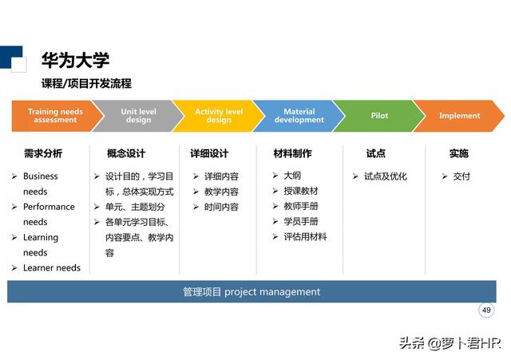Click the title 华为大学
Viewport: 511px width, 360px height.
pos(75,60)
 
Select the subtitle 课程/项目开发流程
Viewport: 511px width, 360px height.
pos(86,83)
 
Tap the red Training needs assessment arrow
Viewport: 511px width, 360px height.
pos(55,116)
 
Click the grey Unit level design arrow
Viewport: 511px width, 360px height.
pos(137,116)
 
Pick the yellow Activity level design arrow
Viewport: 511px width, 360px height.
pos(218,116)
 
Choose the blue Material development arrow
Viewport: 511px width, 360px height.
pos(299,116)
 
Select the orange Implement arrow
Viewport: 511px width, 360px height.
pos(459,116)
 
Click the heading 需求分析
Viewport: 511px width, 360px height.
pos(42,153)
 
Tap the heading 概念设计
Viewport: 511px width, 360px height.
pos(126,153)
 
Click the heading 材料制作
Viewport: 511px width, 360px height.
pos(292,153)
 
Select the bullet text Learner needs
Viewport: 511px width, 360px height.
pos(51,268)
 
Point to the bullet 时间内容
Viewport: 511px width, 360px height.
pos(221,207)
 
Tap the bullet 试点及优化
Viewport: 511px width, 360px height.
pos(385,176)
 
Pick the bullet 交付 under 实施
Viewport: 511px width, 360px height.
pos(461,176)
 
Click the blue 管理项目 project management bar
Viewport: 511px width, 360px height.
pos(252,292)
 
